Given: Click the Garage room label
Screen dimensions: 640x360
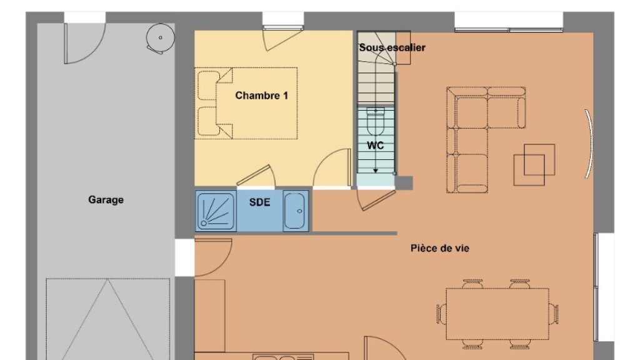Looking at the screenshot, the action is click(x=106, y=199).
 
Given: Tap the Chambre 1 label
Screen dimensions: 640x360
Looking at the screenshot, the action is click(x=262, y=96).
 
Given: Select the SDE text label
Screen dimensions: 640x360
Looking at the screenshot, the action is click(x=259, y=202).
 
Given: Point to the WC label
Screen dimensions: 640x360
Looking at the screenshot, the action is click(x=375, y=145).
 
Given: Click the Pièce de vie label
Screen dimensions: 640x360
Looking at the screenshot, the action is click(x=440, y=248).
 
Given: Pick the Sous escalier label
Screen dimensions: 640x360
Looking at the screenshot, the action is click(x=392, y=47).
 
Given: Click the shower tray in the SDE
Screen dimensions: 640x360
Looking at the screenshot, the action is click(x=216, y=210).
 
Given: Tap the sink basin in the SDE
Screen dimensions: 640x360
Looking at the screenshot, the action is click(x=295, y=211).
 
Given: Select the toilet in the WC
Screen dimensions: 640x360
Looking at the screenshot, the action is click(x=376, y=121).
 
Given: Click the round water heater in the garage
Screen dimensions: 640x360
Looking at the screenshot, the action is click(x=161, y=38).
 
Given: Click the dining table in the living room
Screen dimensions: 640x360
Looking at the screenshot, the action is click(x=497, y=314).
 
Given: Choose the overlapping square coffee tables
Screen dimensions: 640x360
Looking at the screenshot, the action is click(x=534, y=164).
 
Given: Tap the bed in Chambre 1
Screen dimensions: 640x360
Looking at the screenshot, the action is click(x=246, y=103).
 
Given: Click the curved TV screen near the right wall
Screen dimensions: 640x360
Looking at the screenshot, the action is click(x=588, y=144).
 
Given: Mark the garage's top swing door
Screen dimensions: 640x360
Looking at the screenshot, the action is click(x=84, y=43).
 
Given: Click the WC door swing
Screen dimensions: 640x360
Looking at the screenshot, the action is click(x=376, y=199).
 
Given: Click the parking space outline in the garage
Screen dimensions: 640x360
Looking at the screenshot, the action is click(x=107, y=319).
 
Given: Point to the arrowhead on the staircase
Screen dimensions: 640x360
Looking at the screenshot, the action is click(x=376, y=171).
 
